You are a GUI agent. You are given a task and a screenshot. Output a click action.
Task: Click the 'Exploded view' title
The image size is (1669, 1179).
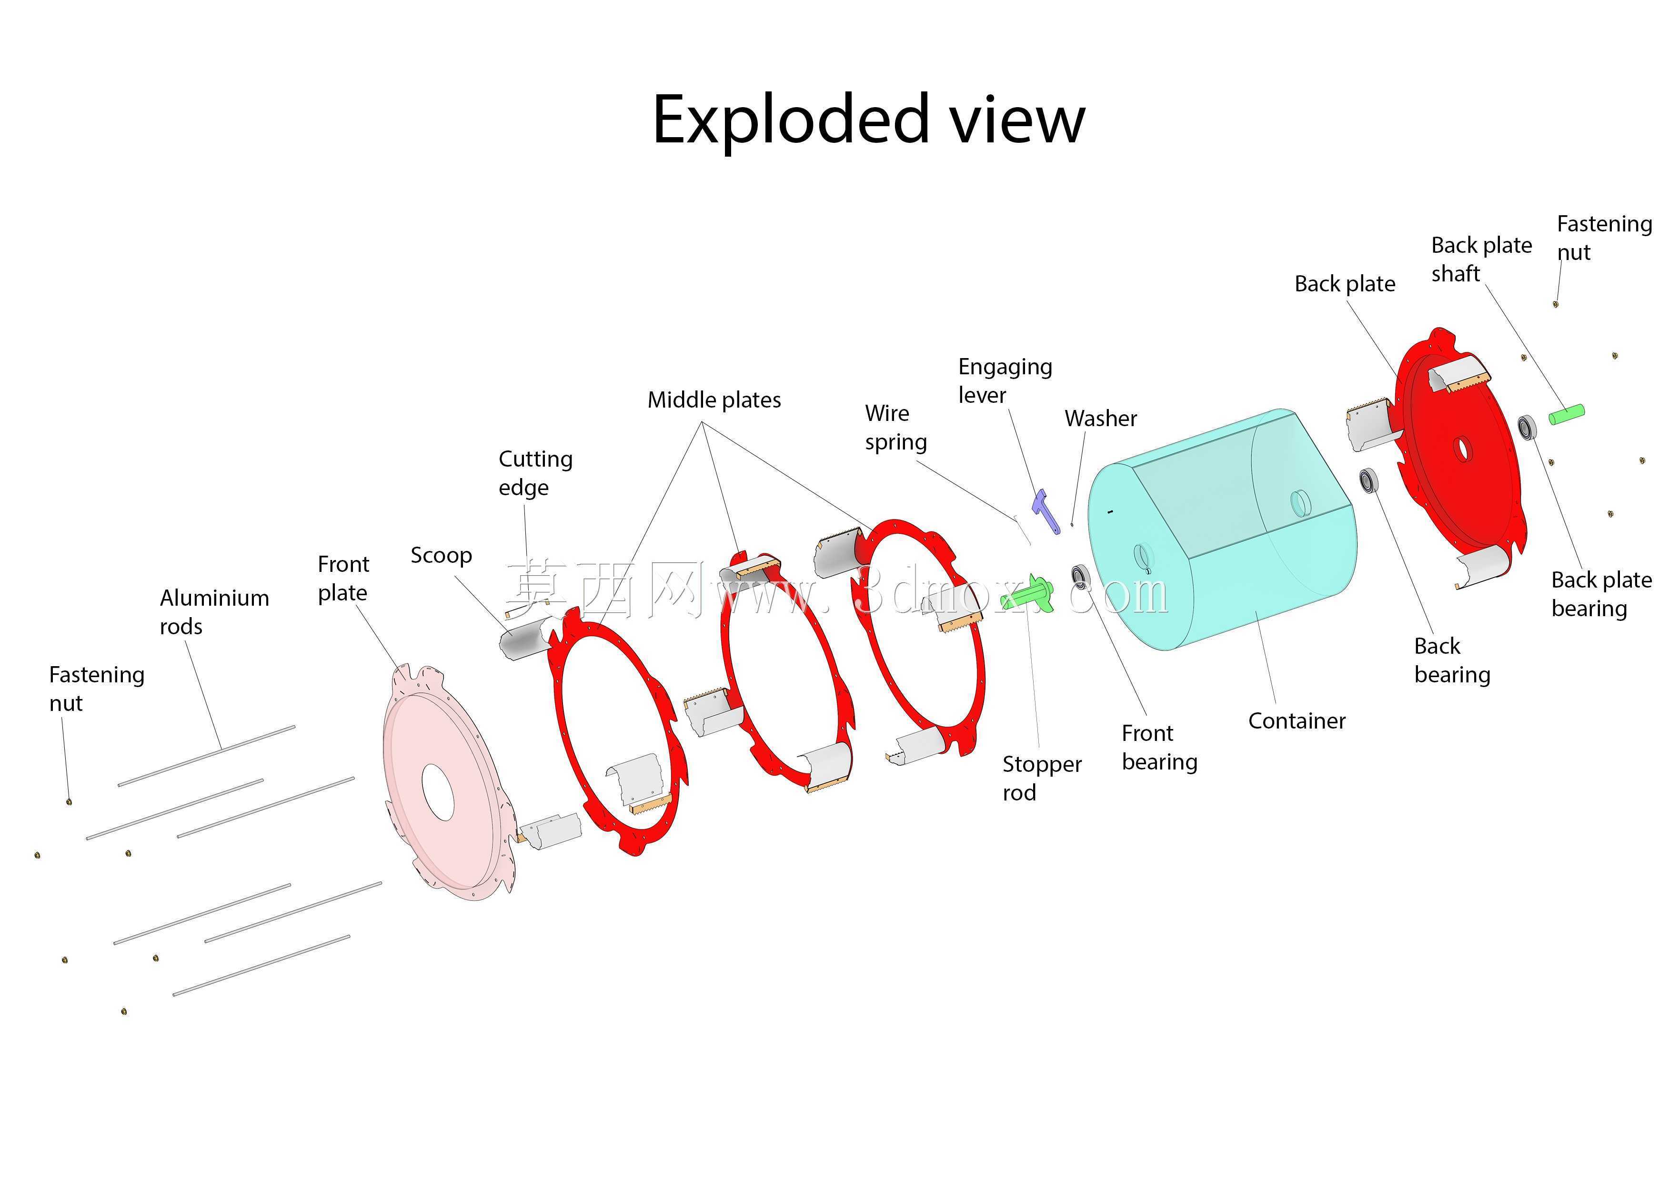pos(869,120)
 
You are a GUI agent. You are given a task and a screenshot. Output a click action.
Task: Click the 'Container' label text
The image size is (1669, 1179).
pos(1297,720)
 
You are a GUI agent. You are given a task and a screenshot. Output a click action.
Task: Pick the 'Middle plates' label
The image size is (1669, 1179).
pos(714,400)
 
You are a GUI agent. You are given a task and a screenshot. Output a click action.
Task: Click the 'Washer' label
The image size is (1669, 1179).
pos(1101,418)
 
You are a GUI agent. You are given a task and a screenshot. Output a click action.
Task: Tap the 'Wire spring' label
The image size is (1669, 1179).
pos(895,428)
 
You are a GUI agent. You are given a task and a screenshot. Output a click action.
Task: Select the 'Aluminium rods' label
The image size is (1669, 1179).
pos(214,611)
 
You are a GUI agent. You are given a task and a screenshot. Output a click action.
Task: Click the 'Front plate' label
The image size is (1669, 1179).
pos(343,578)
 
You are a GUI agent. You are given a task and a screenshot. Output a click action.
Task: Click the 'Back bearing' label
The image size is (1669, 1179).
pos(1452,660)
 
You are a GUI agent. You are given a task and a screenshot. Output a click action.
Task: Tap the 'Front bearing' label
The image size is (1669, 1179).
pos(1159,747)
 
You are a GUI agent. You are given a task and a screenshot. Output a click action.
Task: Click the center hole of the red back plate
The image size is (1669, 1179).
pos(1463,449)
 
